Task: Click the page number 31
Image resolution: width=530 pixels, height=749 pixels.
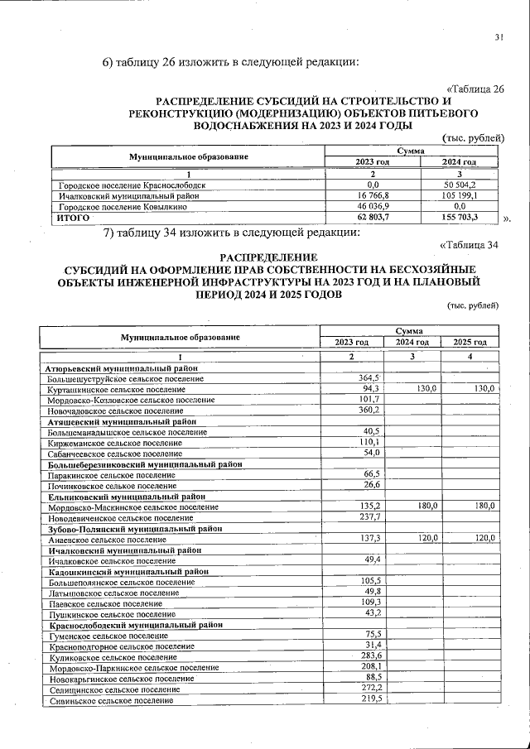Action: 499,36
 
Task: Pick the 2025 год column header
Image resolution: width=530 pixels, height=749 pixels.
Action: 470,342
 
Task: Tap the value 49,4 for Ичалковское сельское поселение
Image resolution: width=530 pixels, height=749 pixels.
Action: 367,560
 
